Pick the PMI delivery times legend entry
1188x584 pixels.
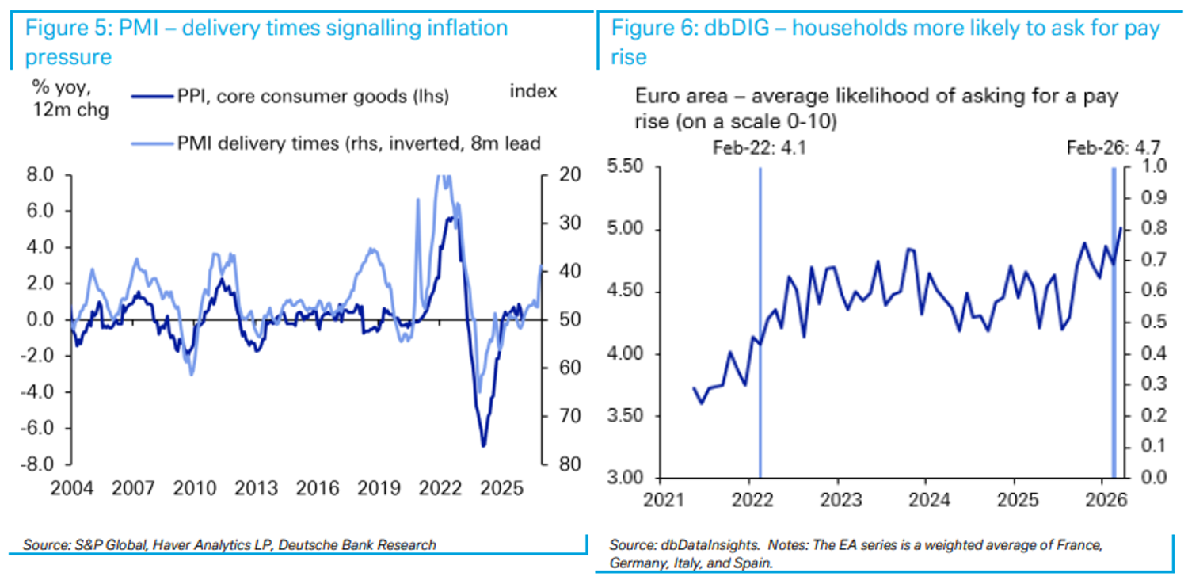coord(359,143)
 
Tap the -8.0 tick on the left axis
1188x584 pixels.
coord(44,464)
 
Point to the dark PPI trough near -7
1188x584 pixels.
coord(483,445)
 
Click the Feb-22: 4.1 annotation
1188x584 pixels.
coord(758,148)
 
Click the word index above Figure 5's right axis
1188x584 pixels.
coord(533,91)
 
